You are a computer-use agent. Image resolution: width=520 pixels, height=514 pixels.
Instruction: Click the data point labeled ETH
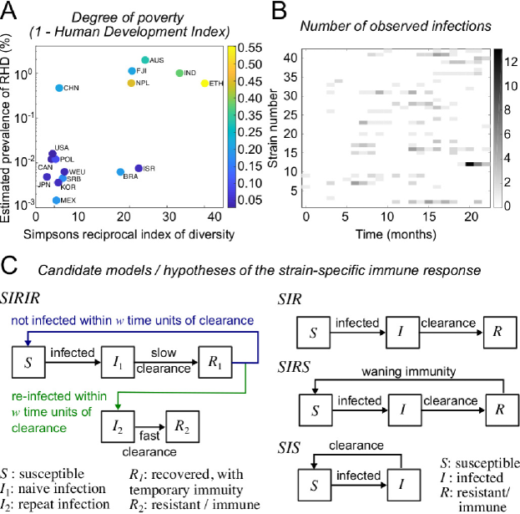point(205,84)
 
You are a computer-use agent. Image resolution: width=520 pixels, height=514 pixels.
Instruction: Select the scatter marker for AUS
point(145,60)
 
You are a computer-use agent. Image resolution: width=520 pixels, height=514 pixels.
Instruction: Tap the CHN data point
point(58,88)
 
